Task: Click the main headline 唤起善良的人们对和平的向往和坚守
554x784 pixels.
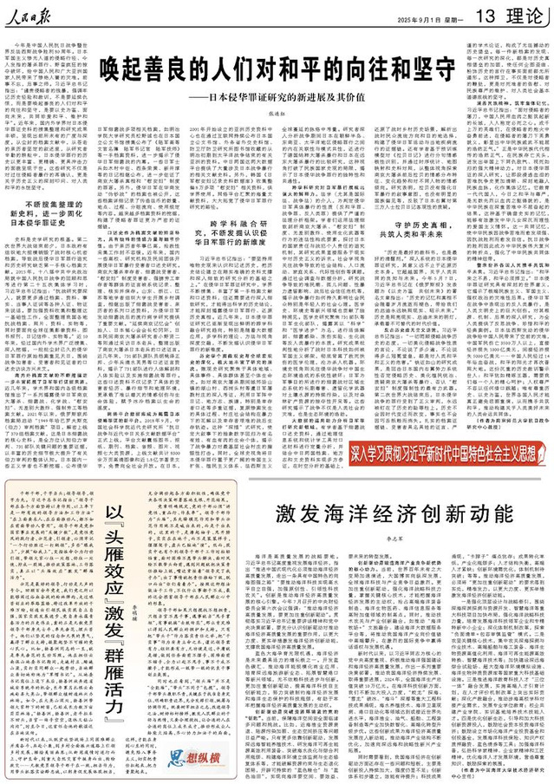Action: point(277,67)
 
